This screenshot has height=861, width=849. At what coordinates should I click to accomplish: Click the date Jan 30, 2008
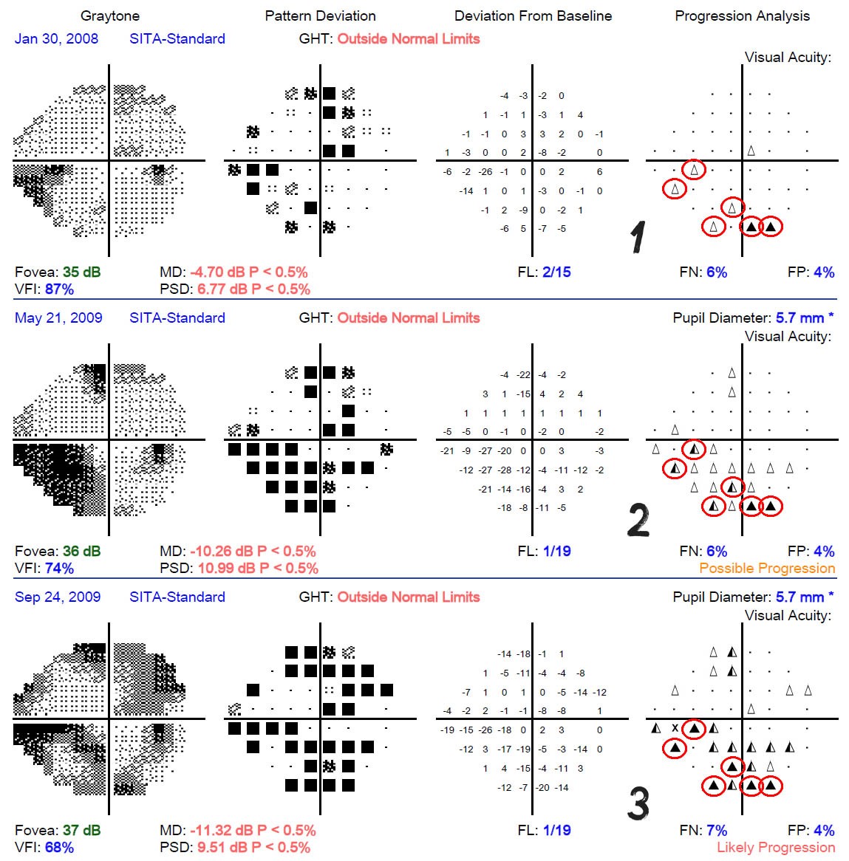pos(57,39)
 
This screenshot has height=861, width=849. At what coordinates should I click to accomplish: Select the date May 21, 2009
pos(58,318)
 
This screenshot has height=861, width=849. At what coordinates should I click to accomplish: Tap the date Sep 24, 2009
pos(58,597)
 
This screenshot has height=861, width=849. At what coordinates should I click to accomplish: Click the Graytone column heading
pos(110,16)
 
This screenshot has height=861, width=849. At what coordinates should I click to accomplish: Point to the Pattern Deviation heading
pos(321,16)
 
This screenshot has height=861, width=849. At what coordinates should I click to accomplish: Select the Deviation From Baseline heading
pos(533,16)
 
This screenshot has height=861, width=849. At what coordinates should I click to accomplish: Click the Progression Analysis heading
pos(743,16)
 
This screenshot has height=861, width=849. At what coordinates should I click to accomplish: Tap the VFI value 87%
pos(59,289)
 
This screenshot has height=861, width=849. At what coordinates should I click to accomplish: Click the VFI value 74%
pos(59,569)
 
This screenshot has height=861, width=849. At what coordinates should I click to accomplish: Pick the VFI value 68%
pos(59,847)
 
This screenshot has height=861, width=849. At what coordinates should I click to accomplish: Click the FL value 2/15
pos(556,272)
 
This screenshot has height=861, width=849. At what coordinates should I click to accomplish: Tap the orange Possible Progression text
pos(767,569)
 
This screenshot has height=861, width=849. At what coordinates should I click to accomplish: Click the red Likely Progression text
pos(776,847)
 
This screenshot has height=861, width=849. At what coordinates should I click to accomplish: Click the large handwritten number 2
pos(638,519)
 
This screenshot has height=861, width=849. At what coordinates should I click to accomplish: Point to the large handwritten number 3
pos(638,803)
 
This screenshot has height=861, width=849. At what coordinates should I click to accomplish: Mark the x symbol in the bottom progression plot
pos(675,728)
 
